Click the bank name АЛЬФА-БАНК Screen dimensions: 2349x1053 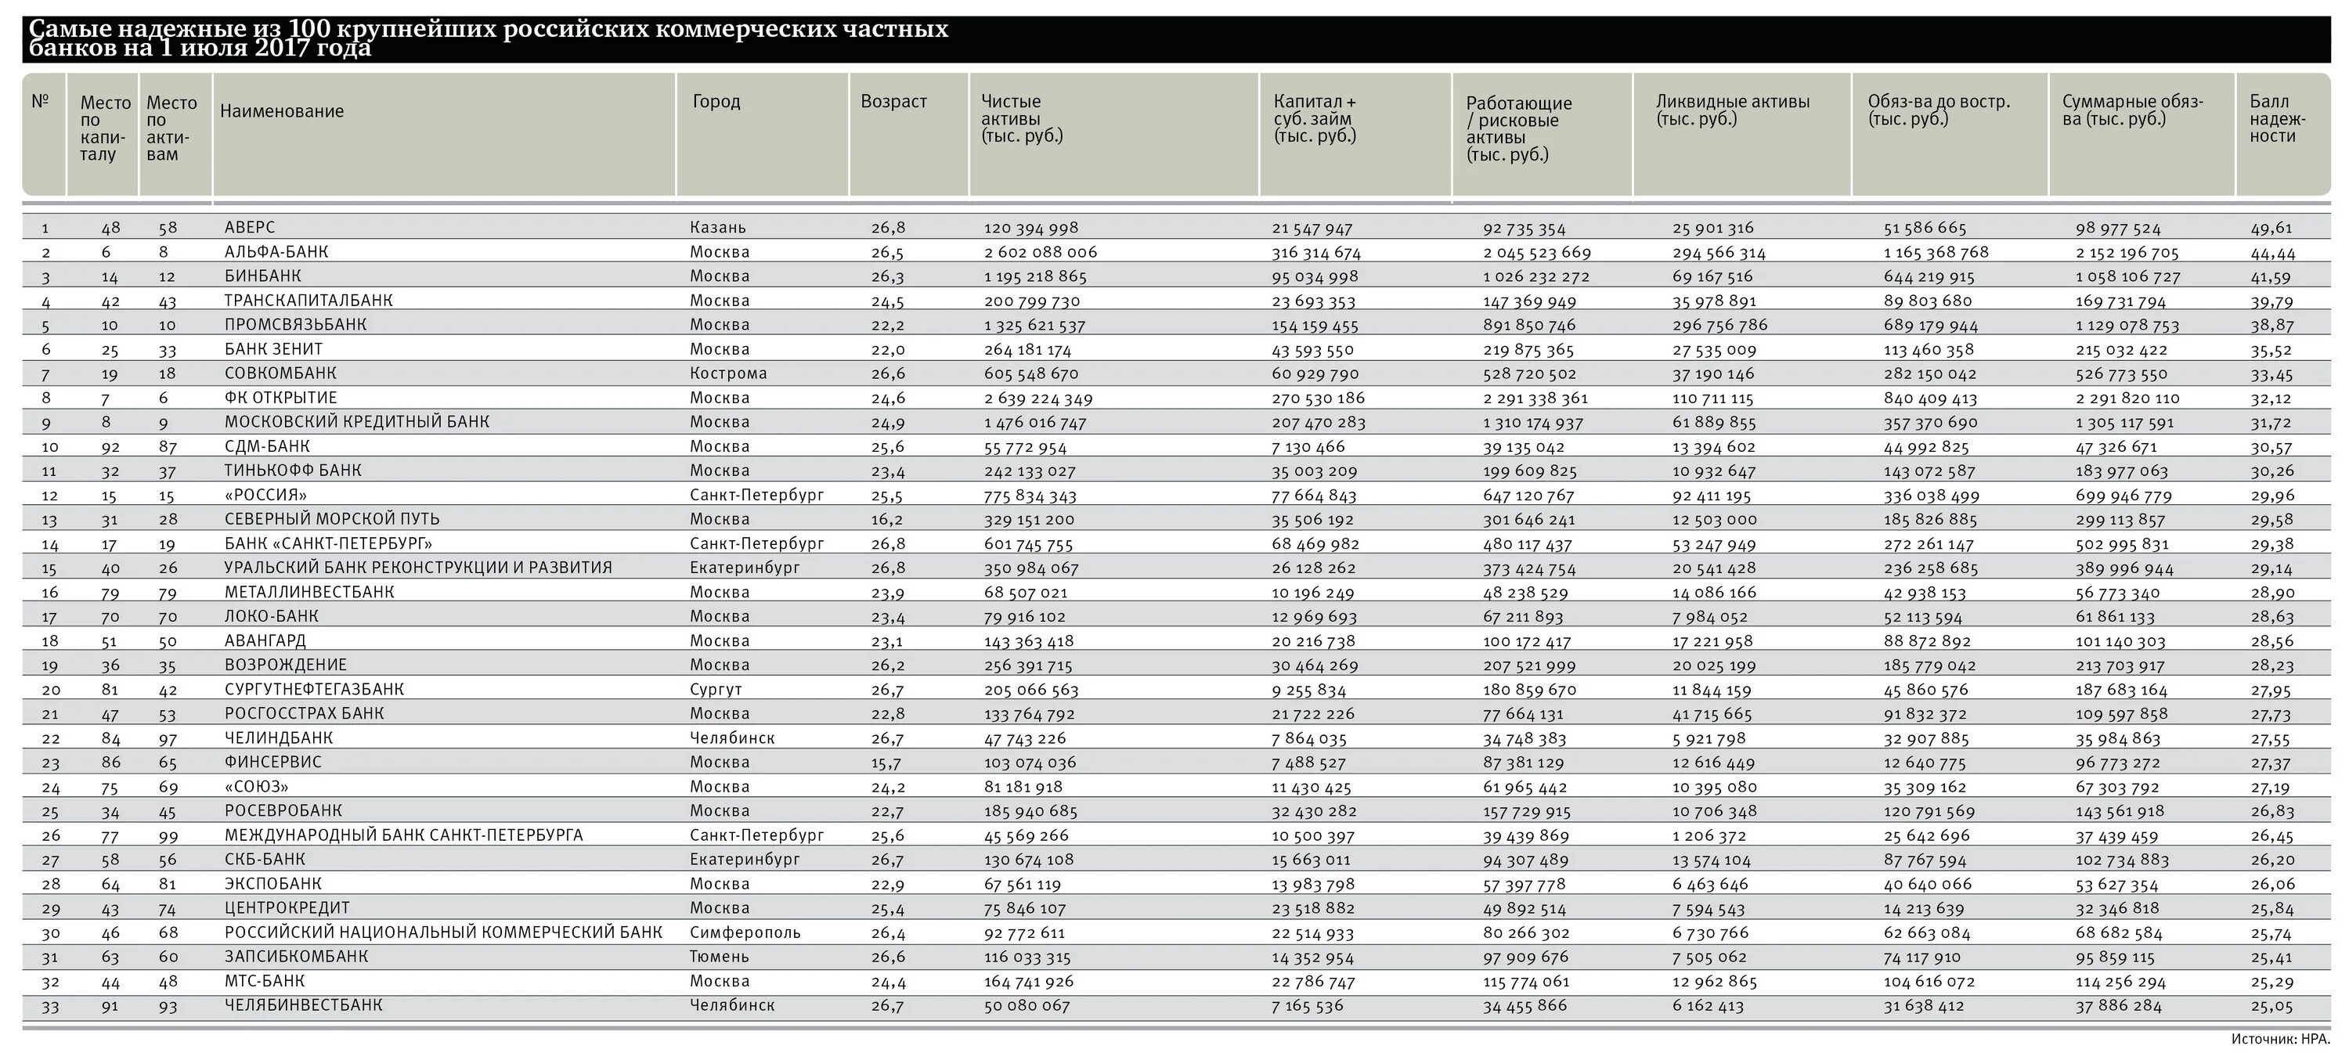(276, 251)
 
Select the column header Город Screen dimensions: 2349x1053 (716, 102)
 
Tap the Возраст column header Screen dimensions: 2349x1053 (893, 101)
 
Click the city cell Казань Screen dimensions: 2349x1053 (718, 228)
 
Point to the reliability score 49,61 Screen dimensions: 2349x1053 (2271, 228)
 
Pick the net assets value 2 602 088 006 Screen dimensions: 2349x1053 (1041, 251)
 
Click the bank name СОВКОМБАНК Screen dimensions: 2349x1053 (281, 373)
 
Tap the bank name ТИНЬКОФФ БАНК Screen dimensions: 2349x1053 (293, 471)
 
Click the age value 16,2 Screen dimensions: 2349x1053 (888, 520)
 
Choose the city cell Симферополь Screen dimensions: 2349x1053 (745, 932)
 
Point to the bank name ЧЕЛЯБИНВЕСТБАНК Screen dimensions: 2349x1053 (304, 1005)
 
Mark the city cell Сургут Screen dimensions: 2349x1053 (716, 689)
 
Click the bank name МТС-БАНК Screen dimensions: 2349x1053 (265, 981)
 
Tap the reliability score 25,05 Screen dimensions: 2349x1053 (2271, 1005)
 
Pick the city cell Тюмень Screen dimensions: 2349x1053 (720, 957)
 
